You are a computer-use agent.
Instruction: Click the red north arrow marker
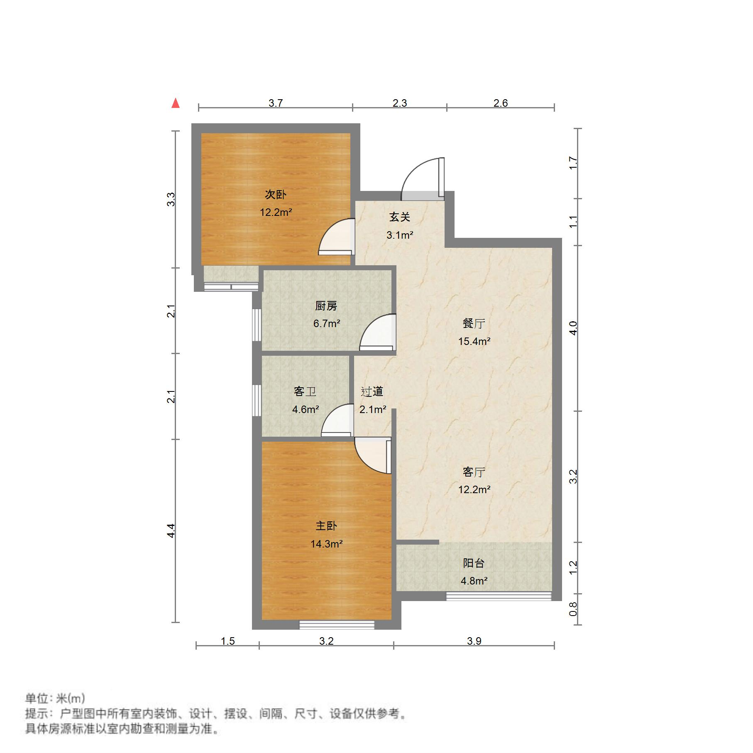(176, 103)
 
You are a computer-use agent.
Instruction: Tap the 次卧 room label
(276, 194)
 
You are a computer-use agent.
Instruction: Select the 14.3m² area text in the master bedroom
(326, 544)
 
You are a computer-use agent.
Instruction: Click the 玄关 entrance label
(399, 217)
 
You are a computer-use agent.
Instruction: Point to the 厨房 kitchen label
(326, 306)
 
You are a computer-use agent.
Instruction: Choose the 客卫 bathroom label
(305, 391)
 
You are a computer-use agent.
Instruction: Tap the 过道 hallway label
(372, 391)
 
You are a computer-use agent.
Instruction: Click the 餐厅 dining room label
(474, 323)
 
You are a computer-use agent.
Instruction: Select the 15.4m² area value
(474, 341)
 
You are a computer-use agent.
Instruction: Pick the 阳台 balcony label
(474, 563)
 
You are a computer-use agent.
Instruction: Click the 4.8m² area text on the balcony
(474, 581)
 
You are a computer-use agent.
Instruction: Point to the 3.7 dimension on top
(276, 103)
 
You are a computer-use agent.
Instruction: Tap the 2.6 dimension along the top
(501, 103)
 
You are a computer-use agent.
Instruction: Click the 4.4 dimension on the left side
(171, 531)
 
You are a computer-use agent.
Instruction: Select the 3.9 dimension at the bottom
(474, 641)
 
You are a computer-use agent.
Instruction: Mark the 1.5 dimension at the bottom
(227, 641)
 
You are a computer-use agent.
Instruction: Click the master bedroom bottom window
(337, 624)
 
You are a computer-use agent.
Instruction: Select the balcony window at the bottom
(499, 597)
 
